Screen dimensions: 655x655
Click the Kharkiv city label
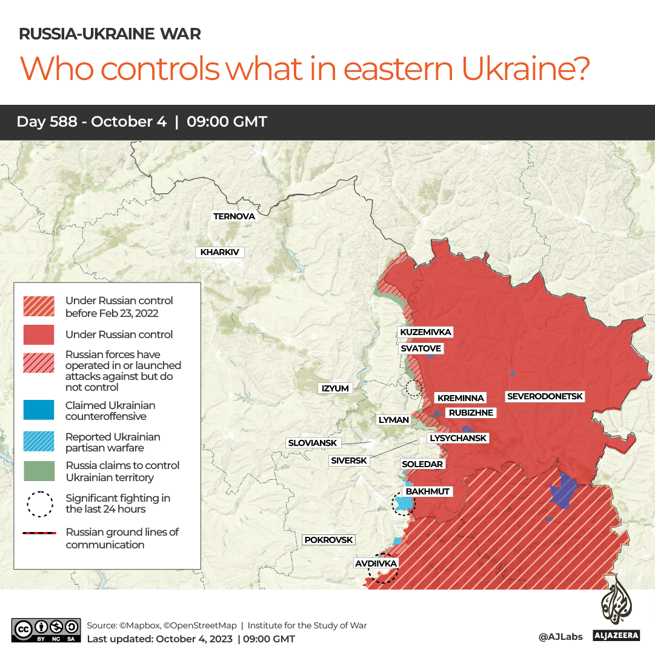click(x=219, y=253)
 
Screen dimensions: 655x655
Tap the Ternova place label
click(x=234, y=216)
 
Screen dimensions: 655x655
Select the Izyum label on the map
click(x=335, y=388)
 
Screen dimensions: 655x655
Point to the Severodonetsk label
click(x=545, y=396)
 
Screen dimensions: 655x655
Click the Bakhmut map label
click(x=428, y=491)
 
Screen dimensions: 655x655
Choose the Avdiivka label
click(x=376, y=564)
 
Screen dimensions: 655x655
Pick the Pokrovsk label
click(x=328, y=540)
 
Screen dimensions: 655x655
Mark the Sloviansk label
click(x=312, y=443)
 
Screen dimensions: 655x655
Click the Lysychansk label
click(x=457, y=438)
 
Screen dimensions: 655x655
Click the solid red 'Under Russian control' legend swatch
click(x=39, y=334)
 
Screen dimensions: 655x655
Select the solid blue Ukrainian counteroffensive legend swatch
click(x=39, y=410)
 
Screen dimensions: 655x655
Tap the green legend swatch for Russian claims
click(x=39, y=471)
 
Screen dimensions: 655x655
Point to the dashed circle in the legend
click(x=40, y=504)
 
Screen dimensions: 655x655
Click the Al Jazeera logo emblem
click(x=616, y=602)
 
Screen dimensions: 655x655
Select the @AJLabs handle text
click(x=560, y=636)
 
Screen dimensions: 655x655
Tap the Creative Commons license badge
click(x=46, y=630)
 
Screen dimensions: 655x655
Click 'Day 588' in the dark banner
click(x=47, y=122)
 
